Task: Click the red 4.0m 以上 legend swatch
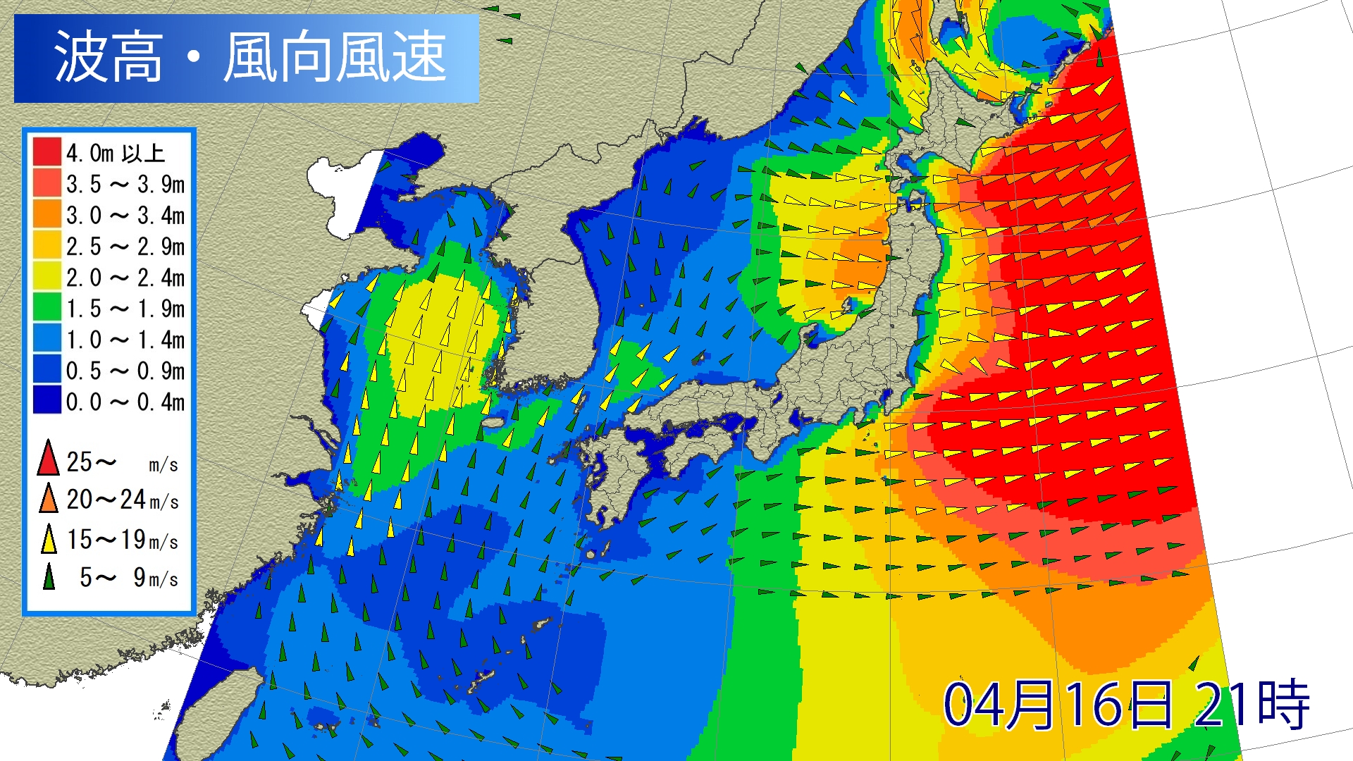(47, 152)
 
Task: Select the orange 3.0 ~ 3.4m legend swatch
(47, 214)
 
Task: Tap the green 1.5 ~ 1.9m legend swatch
(47, 308)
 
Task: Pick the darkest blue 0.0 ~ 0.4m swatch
(47, 401)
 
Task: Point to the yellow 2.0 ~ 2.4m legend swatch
(47, 276)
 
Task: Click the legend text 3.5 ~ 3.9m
(125, 185)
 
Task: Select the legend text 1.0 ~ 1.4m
(125, 340)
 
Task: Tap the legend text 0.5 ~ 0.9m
(125, 371)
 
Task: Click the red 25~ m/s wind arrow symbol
(48, 458)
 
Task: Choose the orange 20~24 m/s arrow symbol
(48, 498)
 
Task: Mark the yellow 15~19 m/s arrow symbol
(48, 539)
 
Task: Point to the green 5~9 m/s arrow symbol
(48, 576)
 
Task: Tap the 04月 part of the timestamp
(1001, 704)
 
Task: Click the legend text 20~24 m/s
(123, 500)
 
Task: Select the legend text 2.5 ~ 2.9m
(125, 247)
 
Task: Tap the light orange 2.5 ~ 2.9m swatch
(47, 245)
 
